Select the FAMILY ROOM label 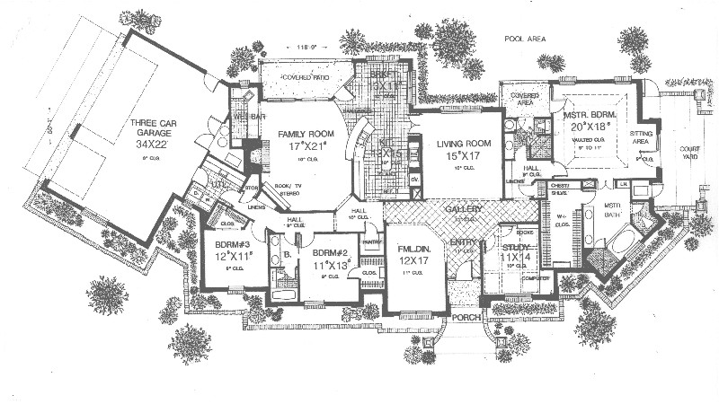click(297, 133)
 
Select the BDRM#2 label click(330, 242)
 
